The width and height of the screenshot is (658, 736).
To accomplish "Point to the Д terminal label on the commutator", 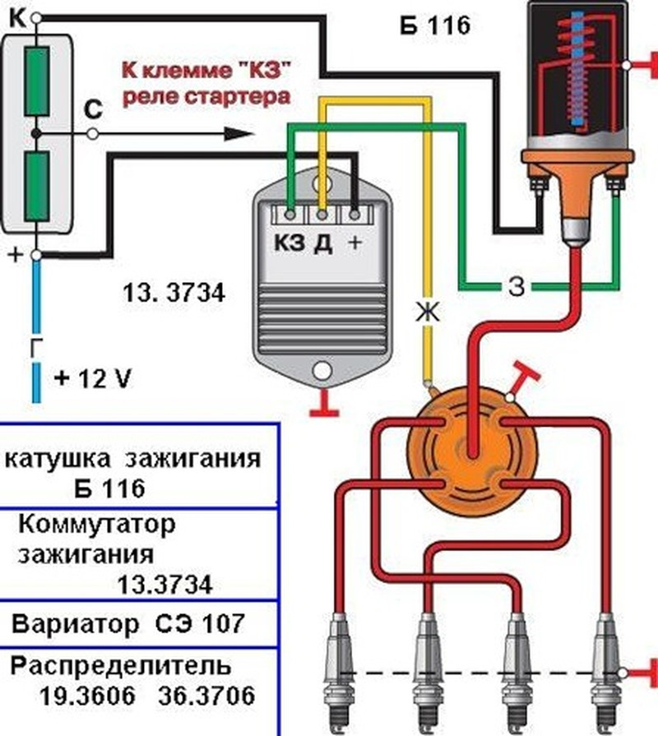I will pos(323,244).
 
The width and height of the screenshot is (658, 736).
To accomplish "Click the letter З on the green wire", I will pos(516,285).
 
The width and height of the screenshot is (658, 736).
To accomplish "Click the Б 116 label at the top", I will pos(435,25).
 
